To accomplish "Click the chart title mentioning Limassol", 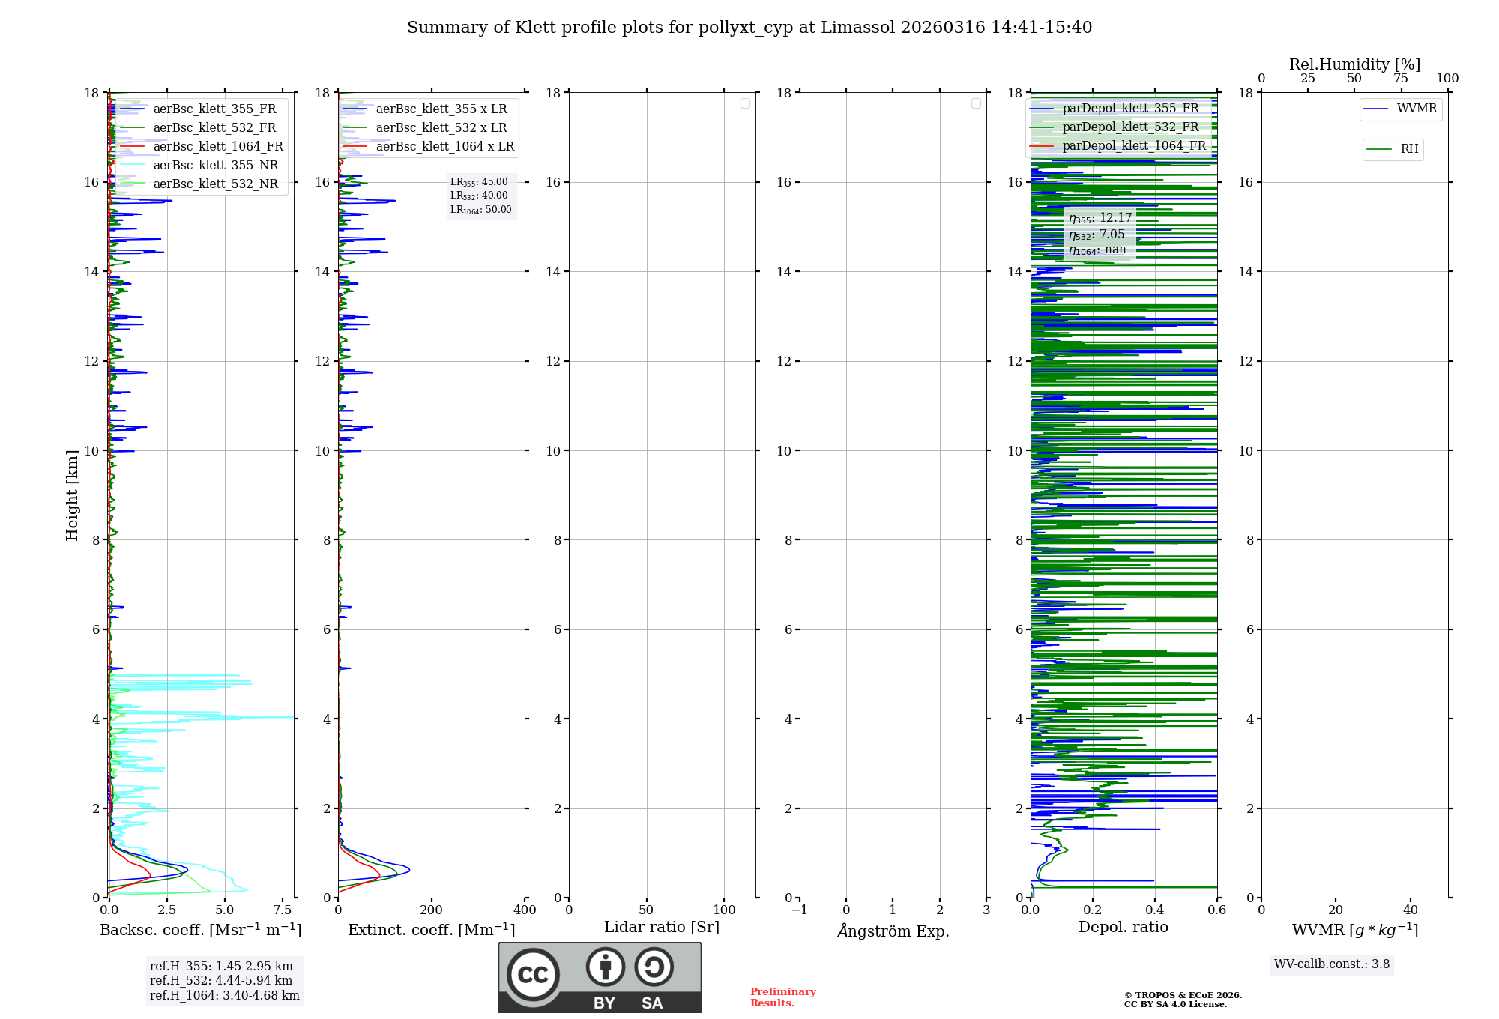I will pos(749,28).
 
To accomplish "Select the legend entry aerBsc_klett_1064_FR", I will pos(217,146).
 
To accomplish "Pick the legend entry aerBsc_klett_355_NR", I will pos(215,165).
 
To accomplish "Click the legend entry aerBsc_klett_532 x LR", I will pos(441,127).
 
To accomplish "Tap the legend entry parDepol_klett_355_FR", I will pos(1129,108).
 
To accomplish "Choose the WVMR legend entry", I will pos(1416,109).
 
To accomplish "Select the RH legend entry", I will pos(1408,149).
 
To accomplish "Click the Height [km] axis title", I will pos(72,495).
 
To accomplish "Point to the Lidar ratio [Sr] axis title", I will pos(661,927).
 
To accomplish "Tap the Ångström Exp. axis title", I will pos(893,931).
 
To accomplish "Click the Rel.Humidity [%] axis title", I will pos(1354,64).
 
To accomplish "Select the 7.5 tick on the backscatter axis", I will pos(283,910).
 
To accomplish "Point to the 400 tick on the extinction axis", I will pos(525,910).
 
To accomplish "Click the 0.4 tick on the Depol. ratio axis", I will pos(1155,910).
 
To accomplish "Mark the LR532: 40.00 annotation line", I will pos(479,196).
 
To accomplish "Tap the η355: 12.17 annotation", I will pos(1100,218).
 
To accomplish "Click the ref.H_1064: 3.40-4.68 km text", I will pos(224,995).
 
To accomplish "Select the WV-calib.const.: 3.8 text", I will pos(1331,964).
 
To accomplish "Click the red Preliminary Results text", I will pos(782,997).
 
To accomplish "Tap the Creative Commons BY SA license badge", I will pos(600,977).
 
